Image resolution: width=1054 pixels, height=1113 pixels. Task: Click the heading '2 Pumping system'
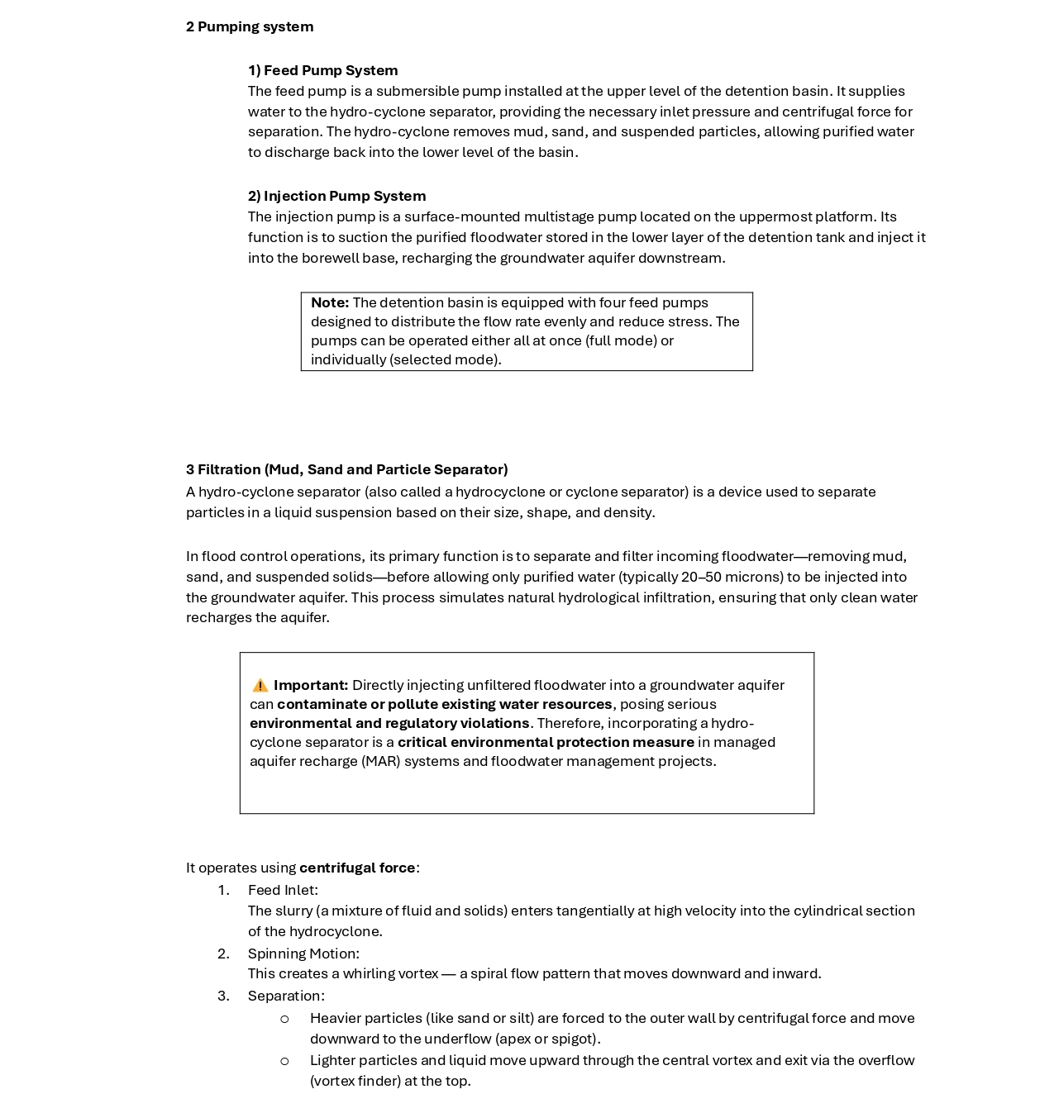point(250,26)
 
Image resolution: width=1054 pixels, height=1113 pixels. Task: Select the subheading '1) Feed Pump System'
point(322,70)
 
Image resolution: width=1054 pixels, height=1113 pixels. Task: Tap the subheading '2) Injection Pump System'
point(336,196)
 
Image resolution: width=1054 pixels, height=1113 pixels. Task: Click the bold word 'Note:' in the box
point(329,302)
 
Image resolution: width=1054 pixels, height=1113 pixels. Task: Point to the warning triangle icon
point(260,685)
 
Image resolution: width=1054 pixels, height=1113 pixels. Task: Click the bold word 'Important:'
point(311,685)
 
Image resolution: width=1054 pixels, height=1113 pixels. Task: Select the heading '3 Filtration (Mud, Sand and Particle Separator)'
point(346,469)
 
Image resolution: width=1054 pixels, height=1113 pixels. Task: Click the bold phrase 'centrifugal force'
point(357,868)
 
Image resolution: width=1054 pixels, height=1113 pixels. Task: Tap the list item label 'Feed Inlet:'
point(283,890)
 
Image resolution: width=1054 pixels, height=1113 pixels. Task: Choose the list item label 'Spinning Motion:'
point(303,954)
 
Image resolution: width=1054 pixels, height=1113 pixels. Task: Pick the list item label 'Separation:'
point(286,996)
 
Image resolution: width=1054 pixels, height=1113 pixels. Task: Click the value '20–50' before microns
point(701,577)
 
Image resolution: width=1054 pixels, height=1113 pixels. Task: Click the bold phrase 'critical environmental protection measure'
point(546,742)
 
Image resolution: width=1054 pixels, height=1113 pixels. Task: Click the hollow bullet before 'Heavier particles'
point(284,1019)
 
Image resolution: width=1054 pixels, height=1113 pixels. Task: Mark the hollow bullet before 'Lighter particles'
point(284,1061)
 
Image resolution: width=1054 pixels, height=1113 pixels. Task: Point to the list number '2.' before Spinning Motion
point(223,954)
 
